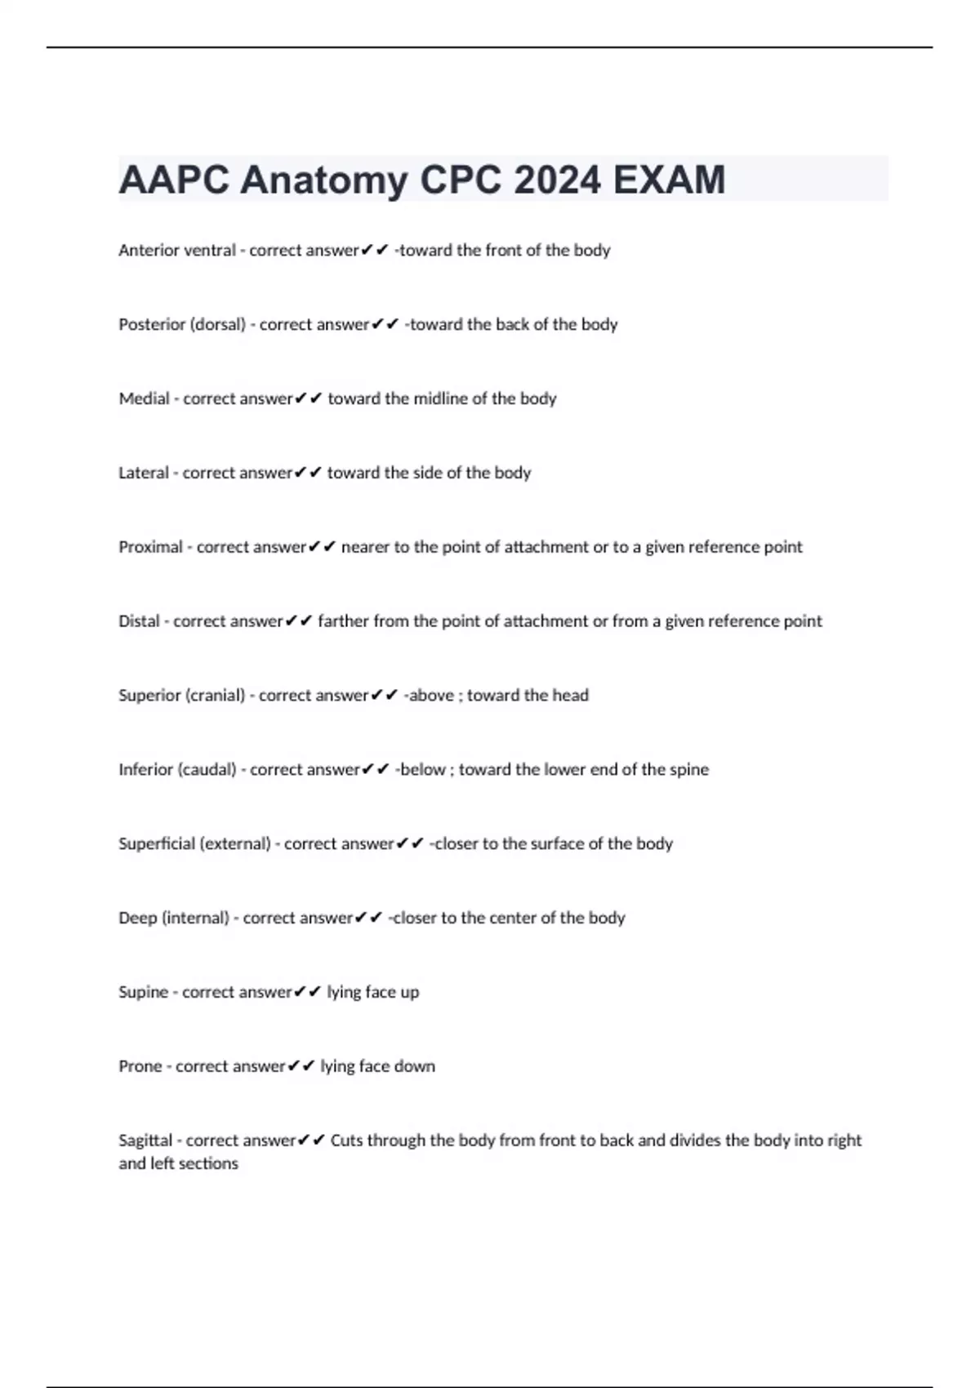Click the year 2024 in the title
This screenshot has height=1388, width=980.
557,180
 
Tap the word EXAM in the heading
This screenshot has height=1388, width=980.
669,180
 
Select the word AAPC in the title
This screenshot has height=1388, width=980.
174,180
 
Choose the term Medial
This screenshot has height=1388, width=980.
144,399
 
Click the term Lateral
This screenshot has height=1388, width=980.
144,473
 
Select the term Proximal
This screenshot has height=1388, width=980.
150,547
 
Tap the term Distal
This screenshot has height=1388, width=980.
139,621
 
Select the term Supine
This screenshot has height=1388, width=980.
143,993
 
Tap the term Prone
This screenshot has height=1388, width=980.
140,1066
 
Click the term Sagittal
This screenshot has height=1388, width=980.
145,1141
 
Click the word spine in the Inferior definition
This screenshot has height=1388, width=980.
689,770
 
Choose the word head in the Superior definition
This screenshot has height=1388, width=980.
570,696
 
